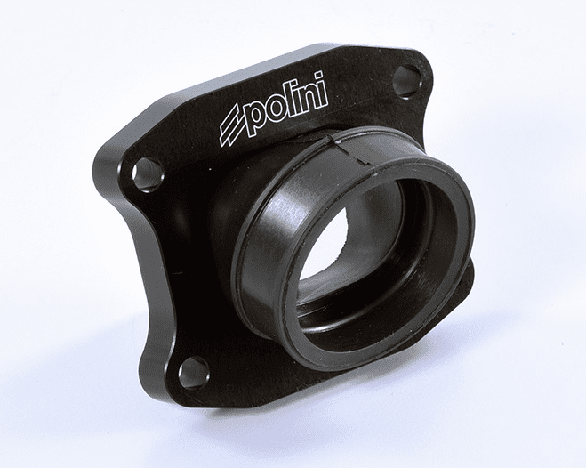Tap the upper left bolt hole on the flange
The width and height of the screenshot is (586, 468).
click(x=147, y=171)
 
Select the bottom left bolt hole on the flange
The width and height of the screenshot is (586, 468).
click(x=193, y=372)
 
